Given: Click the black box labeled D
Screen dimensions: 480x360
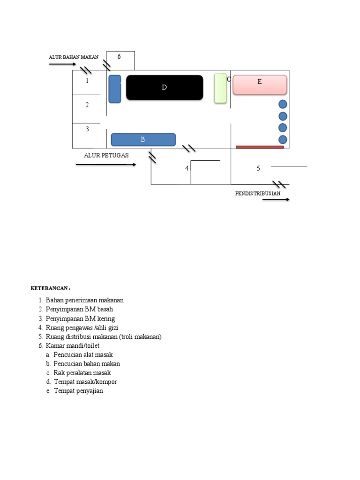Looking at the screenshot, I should point(165,88).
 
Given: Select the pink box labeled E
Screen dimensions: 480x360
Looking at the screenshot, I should point(260,85).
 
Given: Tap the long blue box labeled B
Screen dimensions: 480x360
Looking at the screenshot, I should point(143,140).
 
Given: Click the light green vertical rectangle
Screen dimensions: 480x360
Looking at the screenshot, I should point(220,88).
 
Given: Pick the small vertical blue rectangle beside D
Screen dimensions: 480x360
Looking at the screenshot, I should point(114,89).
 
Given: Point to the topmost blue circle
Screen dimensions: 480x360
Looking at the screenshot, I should point(283,105).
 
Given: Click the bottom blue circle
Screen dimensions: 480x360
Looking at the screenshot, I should point(283,139).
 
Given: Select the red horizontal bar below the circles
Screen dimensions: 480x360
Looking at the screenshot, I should point(260,147).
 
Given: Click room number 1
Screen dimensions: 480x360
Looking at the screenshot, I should point(87,81).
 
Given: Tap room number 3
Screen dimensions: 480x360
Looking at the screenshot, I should point(87,129).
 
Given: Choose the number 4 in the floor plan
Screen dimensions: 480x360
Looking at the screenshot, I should point(187,168).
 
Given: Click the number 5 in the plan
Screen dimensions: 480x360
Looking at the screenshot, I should point(258,168).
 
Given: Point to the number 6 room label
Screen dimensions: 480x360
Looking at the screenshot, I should point(119,57).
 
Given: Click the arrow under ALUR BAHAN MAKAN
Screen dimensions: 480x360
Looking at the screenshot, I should point(62,64).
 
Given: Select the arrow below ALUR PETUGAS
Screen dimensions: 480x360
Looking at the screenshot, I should point(106,165).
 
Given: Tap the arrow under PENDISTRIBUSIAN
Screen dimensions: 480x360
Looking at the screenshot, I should point(276,200).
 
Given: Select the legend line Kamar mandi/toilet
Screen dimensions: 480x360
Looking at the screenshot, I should point(73,345).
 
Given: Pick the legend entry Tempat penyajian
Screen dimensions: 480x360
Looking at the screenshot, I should point(78,390).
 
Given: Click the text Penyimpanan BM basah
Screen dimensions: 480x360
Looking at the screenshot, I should point(79,309).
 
